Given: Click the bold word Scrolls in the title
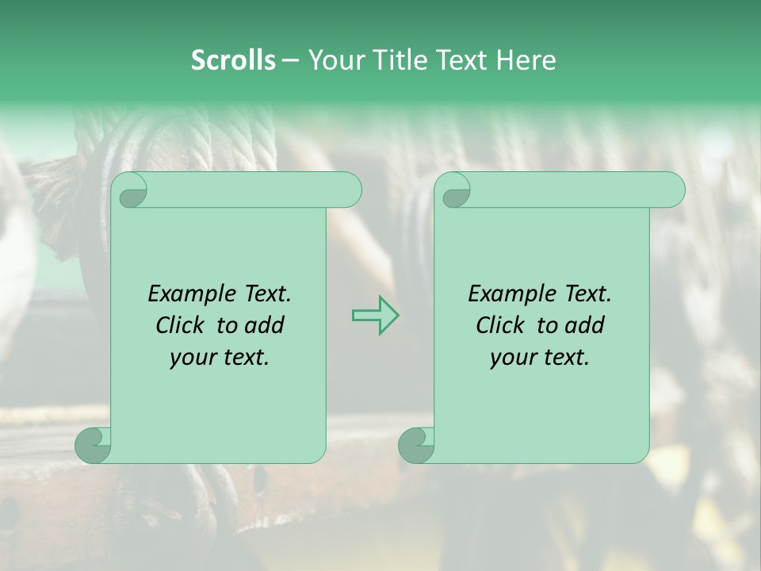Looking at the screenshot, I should (x=234, y=60).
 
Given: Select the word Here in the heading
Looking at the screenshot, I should (x=526, y=60).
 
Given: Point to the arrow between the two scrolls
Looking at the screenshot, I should (x=375, y=315).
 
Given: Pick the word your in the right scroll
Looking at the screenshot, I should (x=513, y=358).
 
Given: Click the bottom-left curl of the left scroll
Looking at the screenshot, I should (x=94, y=445).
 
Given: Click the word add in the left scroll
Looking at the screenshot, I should (x=264, y=325).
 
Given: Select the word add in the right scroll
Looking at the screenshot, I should (x=584, y=325).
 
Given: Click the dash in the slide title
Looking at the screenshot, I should (x=291, y=60).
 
